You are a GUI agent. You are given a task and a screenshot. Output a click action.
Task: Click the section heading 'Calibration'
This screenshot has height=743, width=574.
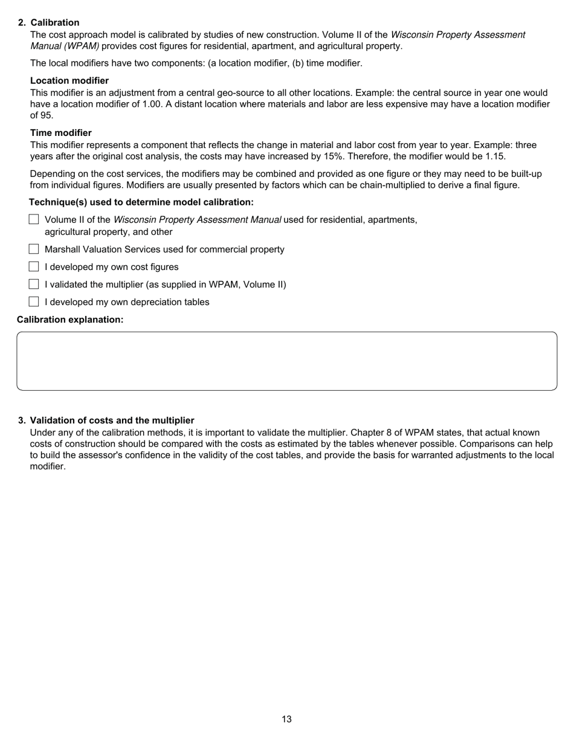tap(55, 22)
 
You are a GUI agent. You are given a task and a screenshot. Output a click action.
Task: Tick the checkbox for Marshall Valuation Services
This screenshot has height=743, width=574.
tap(34, 249)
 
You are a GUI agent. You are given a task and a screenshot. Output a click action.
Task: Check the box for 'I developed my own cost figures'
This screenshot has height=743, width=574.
tap(34, 266)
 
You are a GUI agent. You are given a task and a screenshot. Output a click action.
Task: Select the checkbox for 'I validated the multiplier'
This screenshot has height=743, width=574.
tap(34, 284)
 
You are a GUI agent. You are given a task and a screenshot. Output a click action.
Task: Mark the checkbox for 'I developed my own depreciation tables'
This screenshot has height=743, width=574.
tap(34, 301)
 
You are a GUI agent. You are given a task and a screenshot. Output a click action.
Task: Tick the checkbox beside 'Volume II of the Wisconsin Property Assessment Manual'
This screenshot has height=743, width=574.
tap(34, 219)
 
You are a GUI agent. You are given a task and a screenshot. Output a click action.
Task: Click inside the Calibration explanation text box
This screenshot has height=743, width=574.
tap(286, 361)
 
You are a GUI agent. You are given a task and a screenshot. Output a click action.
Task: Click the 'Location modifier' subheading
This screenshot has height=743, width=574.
tap(69, 80)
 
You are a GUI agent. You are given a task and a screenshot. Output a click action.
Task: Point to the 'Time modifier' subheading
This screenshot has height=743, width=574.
tap(61, 132)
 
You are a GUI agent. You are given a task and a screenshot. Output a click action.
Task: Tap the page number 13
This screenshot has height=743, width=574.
tap(286, 719)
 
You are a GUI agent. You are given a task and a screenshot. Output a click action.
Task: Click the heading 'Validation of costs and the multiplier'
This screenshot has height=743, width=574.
tap(112, 420)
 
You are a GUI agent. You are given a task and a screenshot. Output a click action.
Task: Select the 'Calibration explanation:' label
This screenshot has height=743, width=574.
tap(70, 319)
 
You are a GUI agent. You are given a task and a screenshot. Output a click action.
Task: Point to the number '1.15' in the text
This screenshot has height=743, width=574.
tap(495, 156)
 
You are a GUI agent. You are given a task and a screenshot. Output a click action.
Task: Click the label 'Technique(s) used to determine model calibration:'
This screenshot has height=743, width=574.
tap(141, 202)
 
